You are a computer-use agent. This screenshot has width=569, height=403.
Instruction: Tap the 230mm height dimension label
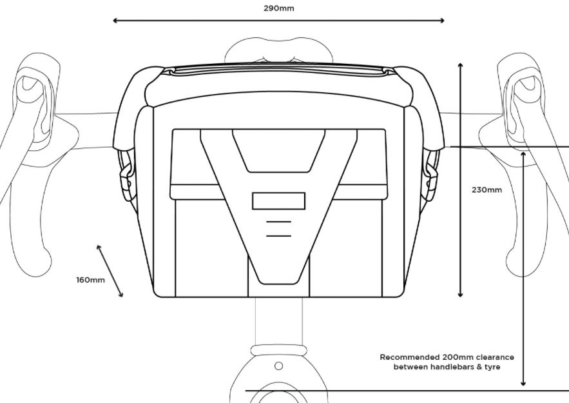487,190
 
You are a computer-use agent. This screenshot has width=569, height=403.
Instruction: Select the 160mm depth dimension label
90,280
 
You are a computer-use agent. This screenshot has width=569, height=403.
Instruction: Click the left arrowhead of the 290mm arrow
115,21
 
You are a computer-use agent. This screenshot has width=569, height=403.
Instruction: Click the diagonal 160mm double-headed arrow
110,271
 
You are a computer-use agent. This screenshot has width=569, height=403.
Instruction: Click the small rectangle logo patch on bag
278,201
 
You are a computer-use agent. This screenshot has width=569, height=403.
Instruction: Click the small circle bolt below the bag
278,366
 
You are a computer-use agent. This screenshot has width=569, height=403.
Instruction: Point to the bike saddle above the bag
278,50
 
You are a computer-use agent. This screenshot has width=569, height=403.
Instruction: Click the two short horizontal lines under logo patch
278,229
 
